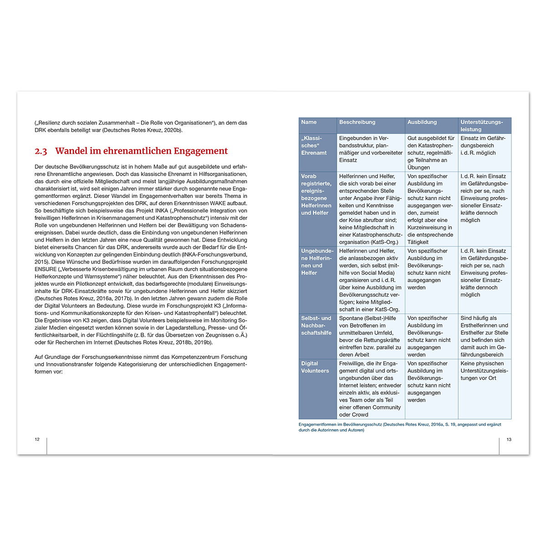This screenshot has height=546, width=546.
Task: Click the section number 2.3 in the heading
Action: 41,151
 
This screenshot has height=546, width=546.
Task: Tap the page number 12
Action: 37,440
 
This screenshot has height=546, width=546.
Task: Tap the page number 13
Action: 509,440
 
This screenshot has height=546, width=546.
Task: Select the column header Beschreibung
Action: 357,122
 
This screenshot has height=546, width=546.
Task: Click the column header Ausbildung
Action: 422,122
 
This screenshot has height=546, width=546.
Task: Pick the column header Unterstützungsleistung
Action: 481,126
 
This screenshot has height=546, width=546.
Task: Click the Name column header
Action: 308,122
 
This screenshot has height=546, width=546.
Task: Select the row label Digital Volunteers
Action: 315,367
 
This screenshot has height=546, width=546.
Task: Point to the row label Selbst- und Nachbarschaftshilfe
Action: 316,325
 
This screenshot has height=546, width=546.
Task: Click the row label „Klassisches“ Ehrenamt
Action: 313,146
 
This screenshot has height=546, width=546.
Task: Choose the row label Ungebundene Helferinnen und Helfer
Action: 317,262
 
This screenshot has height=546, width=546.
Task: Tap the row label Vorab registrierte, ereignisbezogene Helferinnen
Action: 316,194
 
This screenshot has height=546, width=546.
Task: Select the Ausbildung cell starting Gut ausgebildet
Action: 430,152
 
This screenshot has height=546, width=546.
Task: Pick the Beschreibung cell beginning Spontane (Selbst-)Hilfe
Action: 369,336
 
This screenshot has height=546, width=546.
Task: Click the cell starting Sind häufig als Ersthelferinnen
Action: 484,336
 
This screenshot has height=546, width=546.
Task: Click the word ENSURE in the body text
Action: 45,269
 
